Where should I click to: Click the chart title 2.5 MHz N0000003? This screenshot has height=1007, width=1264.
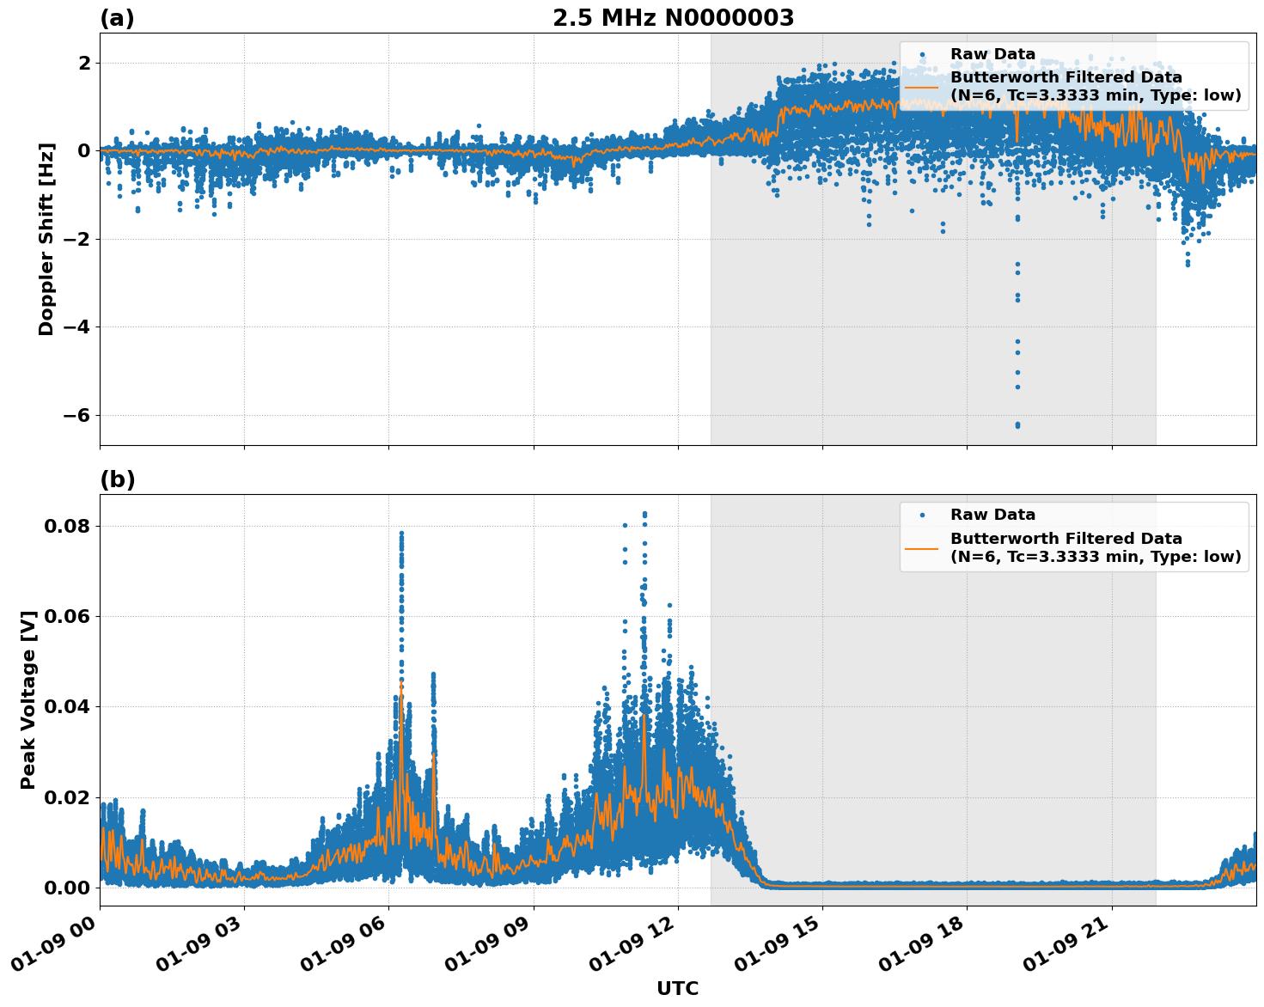pyautogui.click(x=673, y=18)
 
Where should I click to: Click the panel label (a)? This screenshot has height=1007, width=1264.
pyautogui.click(x=117, y=18)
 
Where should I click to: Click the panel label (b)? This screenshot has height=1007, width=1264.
pyautogui.click(x=117, y=479)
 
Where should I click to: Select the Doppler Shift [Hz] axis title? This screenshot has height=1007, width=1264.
pyautogui.click(x=46, y=239)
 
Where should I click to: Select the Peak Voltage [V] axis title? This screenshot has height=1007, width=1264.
pyautogui.click(x=28, y=699)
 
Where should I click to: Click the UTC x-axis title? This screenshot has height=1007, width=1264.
pyautogui.click(x=677, y=988)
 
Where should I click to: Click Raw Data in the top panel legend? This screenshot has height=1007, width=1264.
pyautogui.click(x=992, y=55)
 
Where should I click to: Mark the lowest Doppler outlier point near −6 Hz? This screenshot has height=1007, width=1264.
pyautogui.click(x=1017, y=425)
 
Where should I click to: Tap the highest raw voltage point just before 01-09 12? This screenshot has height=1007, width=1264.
pyautogui.click(x=644, y=514)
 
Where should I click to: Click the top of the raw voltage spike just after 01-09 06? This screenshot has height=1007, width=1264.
pyautogui.click(x=401, y=533)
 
